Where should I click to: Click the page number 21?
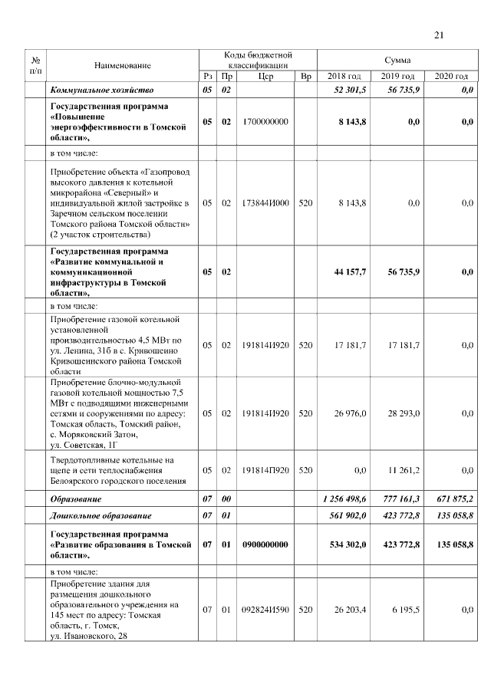[x=439, y=35]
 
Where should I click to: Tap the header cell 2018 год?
[x=344, y=77]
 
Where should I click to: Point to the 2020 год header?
[x=450, y=77]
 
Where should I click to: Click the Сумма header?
[x=397, y=60]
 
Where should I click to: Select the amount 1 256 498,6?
[x=344, y=498]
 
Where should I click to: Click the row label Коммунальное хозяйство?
[x=103, y=90]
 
